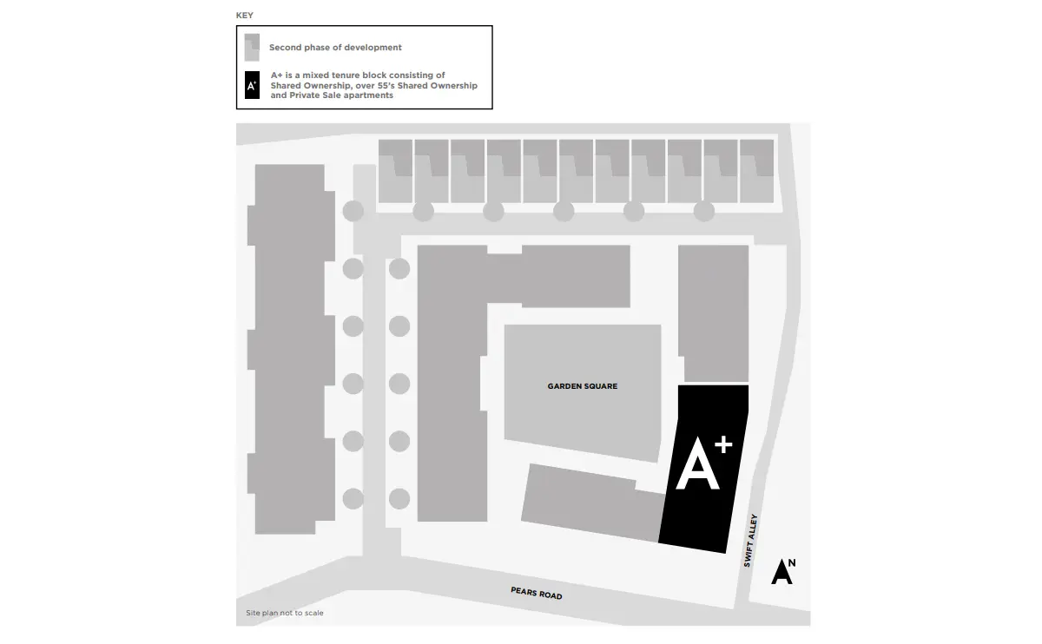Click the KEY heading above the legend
pos(244,16)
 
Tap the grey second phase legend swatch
pos(252,48)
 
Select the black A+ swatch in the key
pos(252,85)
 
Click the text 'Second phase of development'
pos(335,48)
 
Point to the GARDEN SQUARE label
pos(583,386)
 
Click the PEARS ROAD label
pos(537,593)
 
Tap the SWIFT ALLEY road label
pos(750,541)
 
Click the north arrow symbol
pos(781,571)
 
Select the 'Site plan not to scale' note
pos(285,613)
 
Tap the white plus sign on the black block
pos(723,444)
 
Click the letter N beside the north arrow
pos(792,563)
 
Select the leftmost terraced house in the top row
pos(395,171)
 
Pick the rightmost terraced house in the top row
pos(757,171)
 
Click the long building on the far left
pos(291,349)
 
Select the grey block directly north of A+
pos(714,314)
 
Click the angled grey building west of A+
pos(593,503)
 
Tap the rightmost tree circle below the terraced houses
pos(704,211)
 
